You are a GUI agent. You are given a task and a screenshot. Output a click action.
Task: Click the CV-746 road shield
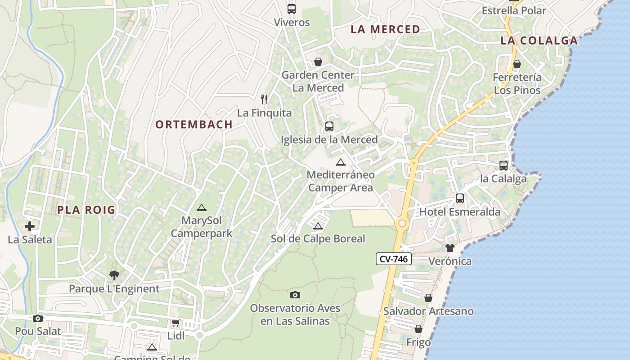click(x=393, y=259)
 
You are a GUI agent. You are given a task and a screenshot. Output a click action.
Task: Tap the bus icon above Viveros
click(x=292, y=9)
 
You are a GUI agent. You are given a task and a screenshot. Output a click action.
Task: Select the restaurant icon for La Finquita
click(x=264, y=99)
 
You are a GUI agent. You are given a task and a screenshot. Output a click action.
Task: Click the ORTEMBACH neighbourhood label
click(x=194, y=125)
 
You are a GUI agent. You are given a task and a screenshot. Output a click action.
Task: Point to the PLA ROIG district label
click(x=86, y=210)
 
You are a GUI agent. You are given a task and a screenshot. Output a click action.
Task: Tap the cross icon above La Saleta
click(x=30, y=226)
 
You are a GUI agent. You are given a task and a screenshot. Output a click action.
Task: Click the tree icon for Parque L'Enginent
click(x=114, y=275)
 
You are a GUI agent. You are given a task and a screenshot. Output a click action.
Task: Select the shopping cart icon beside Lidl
click(x=175, y=323)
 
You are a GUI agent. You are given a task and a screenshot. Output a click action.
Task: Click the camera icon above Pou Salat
click(x=38, y=319)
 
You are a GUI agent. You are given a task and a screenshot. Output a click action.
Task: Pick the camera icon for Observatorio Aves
click(x=295, y=295)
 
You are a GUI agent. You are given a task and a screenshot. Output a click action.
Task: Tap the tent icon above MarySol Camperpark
click(x=201, y=207)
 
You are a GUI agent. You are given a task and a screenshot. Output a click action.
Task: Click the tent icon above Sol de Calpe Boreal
click(x=318, y=226)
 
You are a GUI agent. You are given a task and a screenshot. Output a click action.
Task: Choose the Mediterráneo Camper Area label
click(x=341, y=181)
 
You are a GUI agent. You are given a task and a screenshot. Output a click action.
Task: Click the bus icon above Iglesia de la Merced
click(x=329, y=126)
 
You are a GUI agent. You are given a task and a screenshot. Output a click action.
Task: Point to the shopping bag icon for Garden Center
click(x=318, y=62)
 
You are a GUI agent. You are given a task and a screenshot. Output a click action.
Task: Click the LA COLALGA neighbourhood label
click(x=539, y=40)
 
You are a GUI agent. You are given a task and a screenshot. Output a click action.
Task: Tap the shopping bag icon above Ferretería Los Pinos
click(x=517, y=64)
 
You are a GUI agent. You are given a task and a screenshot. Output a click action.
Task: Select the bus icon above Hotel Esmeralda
click(x=460, y=198)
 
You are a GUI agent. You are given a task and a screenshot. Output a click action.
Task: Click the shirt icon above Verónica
click(x=450, y=248)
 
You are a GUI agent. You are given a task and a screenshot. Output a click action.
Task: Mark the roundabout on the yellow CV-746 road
click(x=402, y=223)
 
